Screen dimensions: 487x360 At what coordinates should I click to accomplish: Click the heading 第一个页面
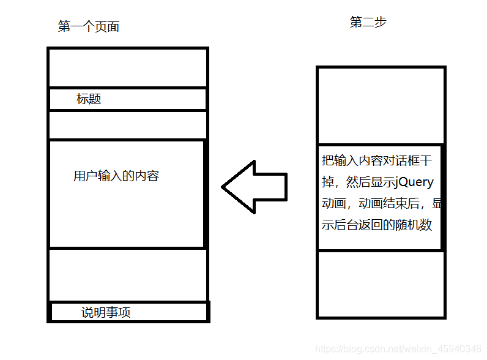[88, 26]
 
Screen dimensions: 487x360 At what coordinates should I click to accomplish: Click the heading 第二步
[368, 23]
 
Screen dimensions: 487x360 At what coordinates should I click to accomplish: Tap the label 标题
[89, 99]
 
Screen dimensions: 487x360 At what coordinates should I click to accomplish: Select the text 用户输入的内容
[116, 176]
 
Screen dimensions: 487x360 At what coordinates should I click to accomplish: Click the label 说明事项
[106, 312]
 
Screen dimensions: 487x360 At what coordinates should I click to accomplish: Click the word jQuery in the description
[415, 182]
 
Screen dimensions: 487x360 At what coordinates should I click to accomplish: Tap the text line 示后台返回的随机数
[377, 225]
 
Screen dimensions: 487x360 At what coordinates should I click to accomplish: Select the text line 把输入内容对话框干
[377, 162]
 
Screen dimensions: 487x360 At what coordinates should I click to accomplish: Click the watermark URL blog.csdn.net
[398, 348]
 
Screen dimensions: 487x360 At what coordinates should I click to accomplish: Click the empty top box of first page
[127, 67]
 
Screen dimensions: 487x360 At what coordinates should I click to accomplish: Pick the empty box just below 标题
[127, 125]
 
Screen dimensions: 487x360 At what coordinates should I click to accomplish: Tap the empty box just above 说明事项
[127, 274]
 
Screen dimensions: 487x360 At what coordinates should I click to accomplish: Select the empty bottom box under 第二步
[380, 283]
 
